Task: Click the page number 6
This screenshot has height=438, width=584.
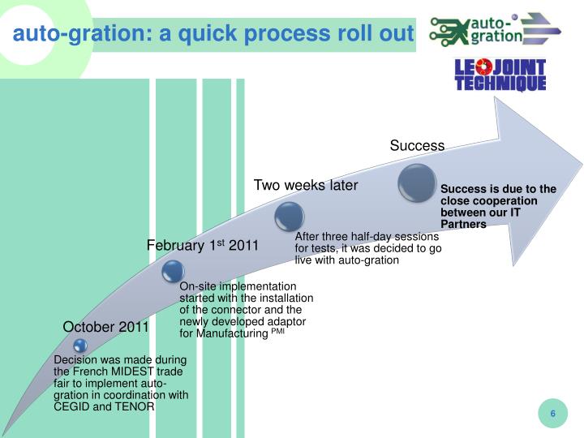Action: (552, 414)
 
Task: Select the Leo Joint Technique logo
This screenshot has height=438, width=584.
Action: (500, 75)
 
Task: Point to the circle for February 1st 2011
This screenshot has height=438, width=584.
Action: (173, 272)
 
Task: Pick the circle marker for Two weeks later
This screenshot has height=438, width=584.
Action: (289, 216)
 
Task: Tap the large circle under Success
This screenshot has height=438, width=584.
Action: (416, 182)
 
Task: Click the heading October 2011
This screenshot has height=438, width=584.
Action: (105, 327)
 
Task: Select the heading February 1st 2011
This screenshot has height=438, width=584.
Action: (202, 244)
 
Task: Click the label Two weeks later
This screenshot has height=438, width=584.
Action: (305, 185)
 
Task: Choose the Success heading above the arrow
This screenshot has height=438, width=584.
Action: (417, 146)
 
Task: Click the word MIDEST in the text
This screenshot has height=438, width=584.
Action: (138, 371)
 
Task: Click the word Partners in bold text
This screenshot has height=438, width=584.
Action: (463, 224)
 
